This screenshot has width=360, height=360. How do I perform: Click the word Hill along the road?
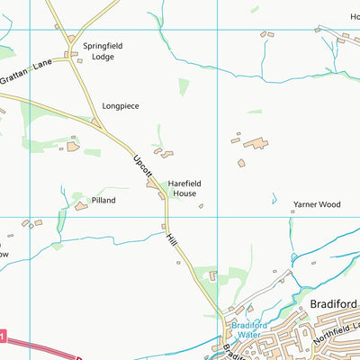(x=171, y=240)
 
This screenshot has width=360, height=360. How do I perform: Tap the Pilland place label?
(x=103, y=201)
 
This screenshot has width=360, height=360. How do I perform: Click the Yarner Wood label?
(x=318, y=205)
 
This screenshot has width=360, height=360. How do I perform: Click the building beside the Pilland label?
(x=81, y=206)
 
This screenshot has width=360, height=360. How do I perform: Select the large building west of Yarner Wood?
(x=255, y=143)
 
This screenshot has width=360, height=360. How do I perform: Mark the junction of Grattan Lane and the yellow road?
(x=71, y=59)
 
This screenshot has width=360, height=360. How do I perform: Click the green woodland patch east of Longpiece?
(x=184, y=85)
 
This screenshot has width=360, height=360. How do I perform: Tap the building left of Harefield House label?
(x=152, y=184)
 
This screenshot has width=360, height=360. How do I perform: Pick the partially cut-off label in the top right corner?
(x=354, y=16)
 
